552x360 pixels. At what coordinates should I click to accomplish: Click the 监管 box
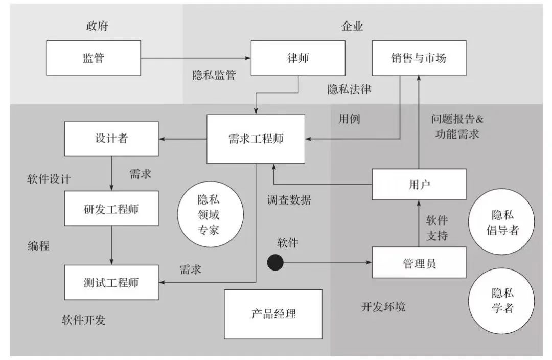tap(94, 58)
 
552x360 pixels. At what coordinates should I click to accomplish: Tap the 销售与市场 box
tap(419, 58)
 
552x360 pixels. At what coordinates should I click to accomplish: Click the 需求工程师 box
tap(256, 139)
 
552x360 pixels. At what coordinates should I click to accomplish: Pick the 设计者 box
tap(111, 138)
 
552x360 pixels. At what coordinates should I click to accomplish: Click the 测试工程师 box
tap(111, 282)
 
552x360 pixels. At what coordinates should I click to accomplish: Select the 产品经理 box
tap(273, 314)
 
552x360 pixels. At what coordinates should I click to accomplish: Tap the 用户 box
tap(419, 184)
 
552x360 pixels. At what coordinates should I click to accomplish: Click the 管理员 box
tap(419, 263)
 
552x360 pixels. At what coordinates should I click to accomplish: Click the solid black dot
tap(275, 263)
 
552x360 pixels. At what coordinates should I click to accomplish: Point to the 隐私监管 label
tap(214, 75)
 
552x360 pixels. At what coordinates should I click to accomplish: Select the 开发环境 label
tap(383, 307)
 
